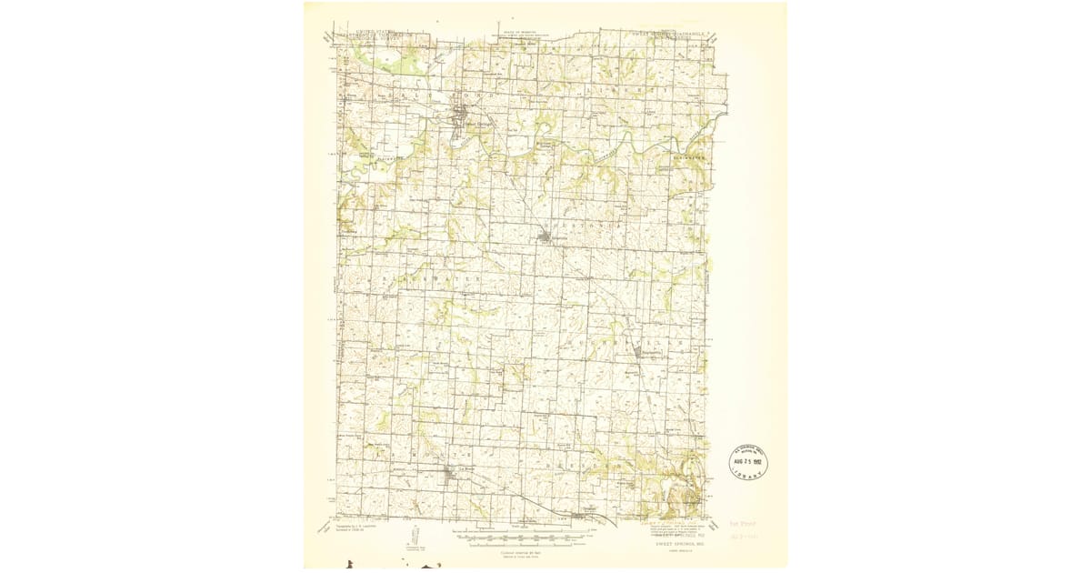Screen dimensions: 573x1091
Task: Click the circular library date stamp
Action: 748,462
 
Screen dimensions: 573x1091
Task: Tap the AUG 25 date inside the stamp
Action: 748,462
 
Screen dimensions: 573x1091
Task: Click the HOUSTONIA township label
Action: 582,222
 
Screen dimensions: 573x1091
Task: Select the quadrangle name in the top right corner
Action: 677,34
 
